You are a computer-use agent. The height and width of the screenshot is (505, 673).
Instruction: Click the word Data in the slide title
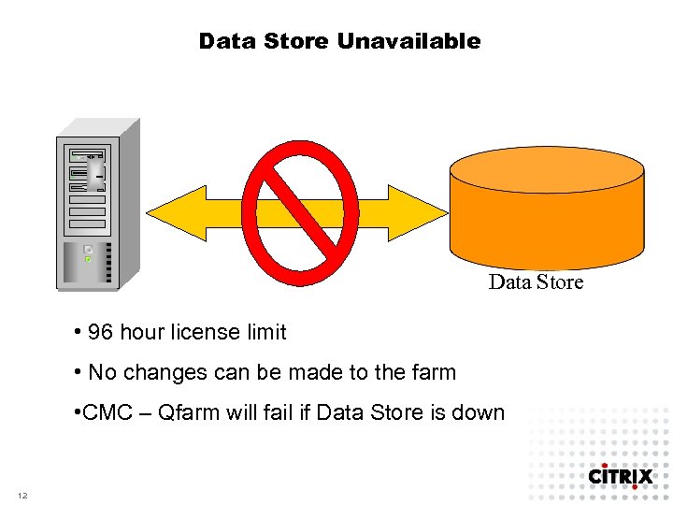point(224,41)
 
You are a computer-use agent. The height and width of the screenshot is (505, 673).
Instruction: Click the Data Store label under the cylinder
point(536,282)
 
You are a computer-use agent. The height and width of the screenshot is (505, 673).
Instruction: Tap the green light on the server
point(88,259)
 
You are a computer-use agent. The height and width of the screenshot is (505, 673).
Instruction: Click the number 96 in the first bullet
point(101,332)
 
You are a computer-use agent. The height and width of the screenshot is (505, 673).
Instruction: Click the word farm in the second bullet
point(435,372)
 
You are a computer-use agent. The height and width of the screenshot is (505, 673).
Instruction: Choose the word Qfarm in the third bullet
point(192,412)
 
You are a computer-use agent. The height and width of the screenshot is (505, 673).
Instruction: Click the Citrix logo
point(620,477)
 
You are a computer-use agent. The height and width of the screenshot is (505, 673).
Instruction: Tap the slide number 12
point(22,495)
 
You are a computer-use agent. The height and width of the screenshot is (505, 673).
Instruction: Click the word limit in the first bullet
point(265,332)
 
